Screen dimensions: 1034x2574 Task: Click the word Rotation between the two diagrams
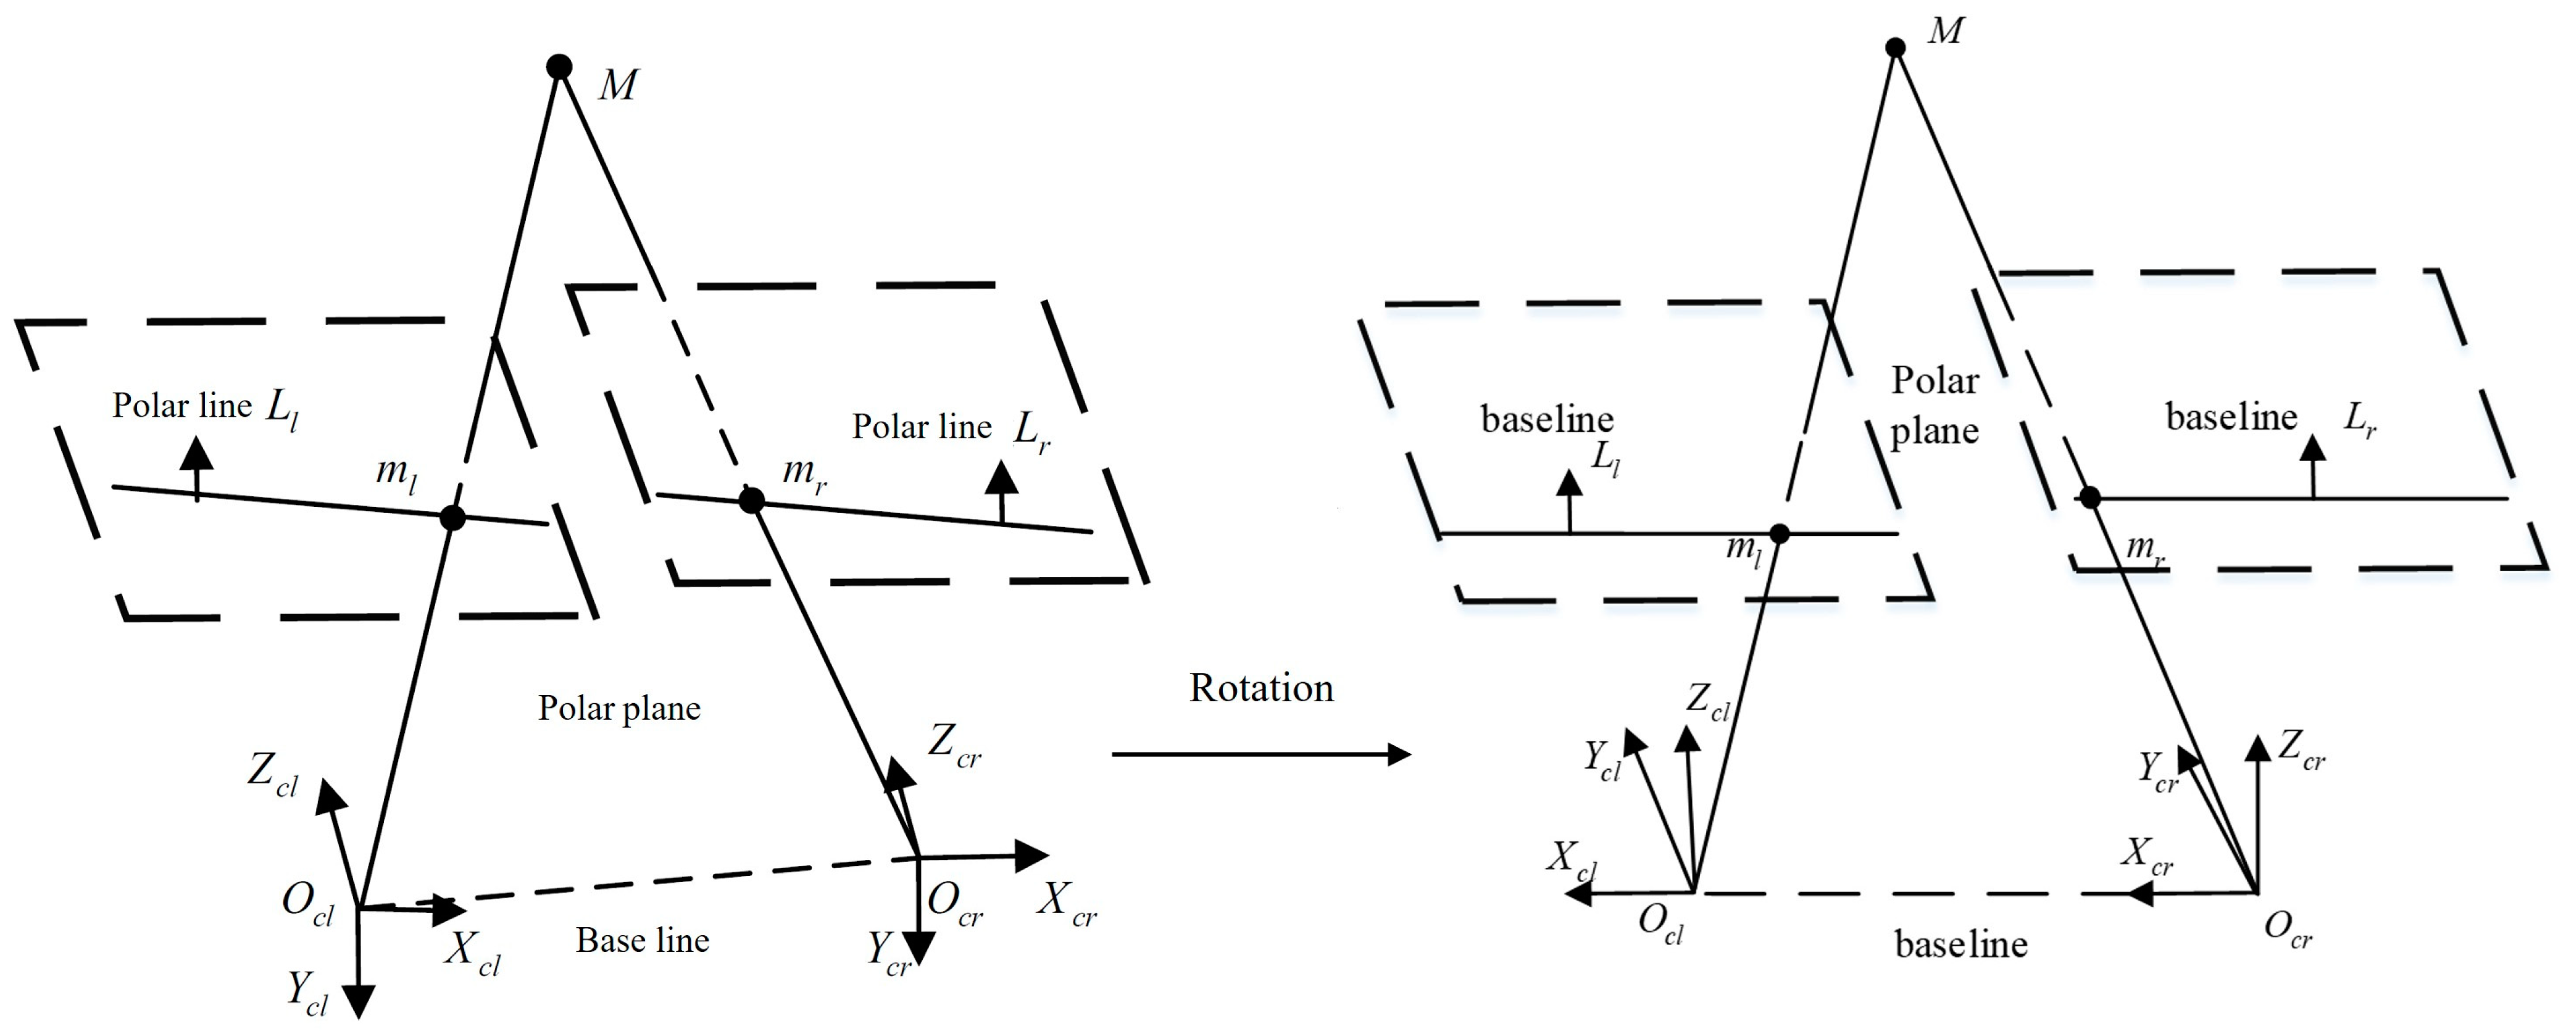(1261, 688)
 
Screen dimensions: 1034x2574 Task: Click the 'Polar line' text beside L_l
(182, 406)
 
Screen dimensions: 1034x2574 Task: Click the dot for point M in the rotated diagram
(1894, 47)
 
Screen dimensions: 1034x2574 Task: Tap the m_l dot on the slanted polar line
(452, 517)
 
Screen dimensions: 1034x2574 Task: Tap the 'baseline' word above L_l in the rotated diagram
(1547, 420)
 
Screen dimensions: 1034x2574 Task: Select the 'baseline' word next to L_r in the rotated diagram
(2231, 417)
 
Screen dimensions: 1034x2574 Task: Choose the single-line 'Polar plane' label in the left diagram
(620, 708)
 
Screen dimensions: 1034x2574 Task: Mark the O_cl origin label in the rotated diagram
(1660, 923)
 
